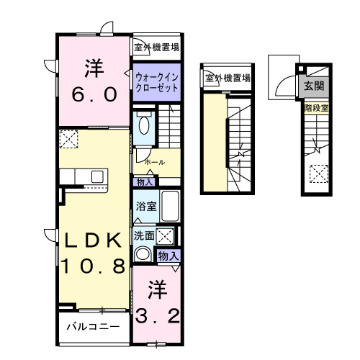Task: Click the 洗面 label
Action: (143, 235)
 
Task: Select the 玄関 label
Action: (313, 86)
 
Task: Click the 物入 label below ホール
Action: (143, 183)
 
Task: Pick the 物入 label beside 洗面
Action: (168, 256)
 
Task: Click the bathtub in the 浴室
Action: (169, 207)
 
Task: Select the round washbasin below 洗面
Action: (143, 254)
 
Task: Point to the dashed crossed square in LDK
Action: (68, 139)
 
